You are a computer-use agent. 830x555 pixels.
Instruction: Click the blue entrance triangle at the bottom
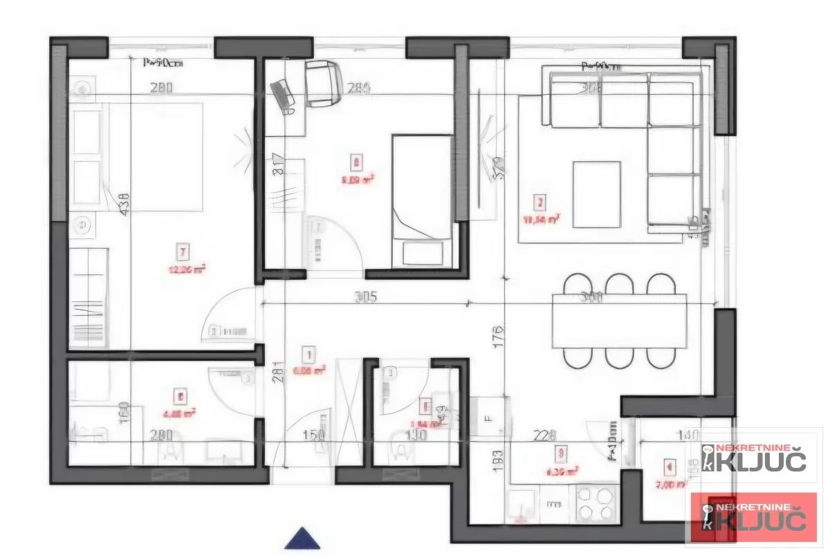(302, 538)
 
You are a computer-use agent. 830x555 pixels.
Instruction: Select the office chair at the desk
(323, 84)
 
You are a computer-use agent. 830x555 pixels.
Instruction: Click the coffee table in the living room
(596, 194)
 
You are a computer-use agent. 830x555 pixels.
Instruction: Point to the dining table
(619, 321)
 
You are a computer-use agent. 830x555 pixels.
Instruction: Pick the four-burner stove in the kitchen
(596, 504)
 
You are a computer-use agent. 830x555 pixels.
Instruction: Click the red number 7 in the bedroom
(183, 251)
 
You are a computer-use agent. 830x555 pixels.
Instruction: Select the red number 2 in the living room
(539, 203)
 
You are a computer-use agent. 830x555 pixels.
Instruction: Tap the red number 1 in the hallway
(308, 355)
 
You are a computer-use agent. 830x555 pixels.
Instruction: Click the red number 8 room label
(356, 163)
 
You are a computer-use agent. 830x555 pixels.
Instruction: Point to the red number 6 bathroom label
(181, 397)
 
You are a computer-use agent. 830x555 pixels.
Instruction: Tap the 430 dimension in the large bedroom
(124, 205)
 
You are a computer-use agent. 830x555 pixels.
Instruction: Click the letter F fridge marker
(490, 418)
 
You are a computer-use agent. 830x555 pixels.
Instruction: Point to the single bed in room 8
(422, 200)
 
